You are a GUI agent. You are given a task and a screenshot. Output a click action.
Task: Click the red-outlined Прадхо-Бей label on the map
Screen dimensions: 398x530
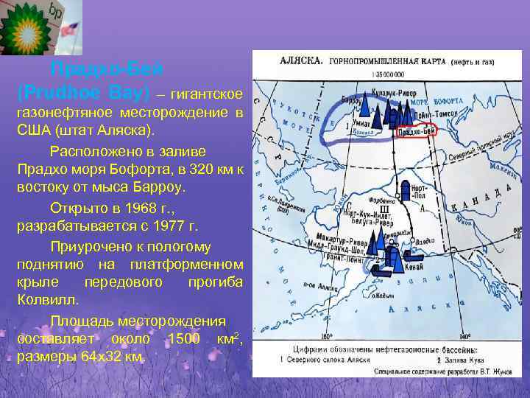click(x=417, y=131)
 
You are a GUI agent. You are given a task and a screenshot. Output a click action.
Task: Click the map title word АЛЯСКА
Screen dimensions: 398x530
click(x=293, y=62)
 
